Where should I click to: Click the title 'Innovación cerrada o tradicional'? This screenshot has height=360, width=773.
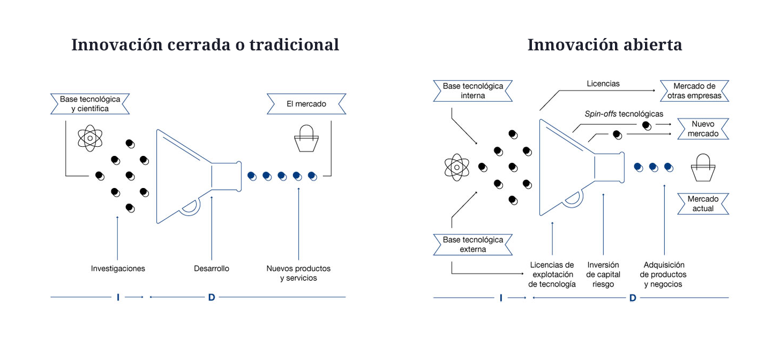tap(205, 44)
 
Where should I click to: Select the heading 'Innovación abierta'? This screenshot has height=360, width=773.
tap(604, 44)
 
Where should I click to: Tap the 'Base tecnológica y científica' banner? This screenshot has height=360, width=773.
tap(90, 104)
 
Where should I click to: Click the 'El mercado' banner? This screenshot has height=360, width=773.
tap(306, 104)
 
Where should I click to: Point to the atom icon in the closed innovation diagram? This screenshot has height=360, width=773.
tap(90, 138)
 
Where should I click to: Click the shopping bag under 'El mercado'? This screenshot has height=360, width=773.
tap(306, 139)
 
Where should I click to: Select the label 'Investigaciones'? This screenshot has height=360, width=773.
tap(118, 268)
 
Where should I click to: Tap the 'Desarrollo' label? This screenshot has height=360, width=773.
tap(212, 268)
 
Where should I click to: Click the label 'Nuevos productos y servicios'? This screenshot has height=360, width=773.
tap(298, 273)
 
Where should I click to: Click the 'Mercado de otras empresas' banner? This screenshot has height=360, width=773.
tap(694, 91)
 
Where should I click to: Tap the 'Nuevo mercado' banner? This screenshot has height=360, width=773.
tap(703, 129)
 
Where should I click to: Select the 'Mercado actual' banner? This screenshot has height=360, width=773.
tap(703, 204)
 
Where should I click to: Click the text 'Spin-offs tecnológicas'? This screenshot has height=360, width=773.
tap(624, 114)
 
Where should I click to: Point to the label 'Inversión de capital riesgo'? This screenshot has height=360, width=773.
tap(603, 274)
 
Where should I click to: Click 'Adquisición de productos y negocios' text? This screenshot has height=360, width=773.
tap(664, 274)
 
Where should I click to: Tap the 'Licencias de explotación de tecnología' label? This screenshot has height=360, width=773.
tap(552, 274)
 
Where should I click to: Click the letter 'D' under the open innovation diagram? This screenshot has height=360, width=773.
tap(633, 298)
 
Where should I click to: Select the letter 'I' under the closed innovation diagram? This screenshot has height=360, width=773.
tap(118, 297)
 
